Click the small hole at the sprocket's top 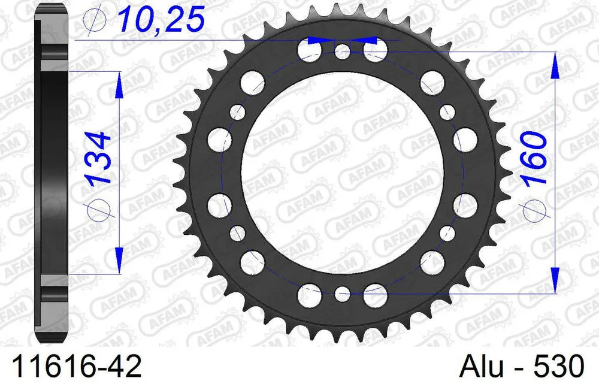(342, 51)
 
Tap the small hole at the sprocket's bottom (342, 294)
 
